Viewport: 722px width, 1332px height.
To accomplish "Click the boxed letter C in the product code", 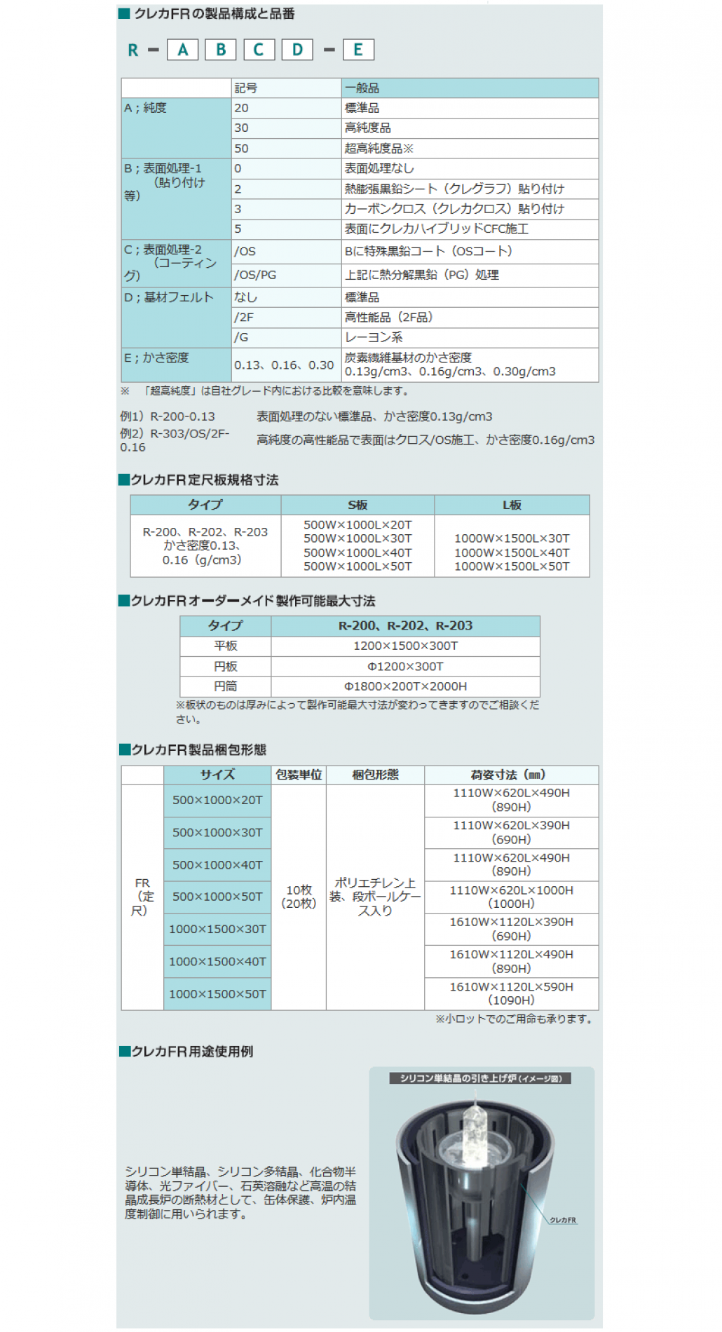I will (x=259, y=50).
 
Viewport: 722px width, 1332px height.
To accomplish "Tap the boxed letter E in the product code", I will (x=357, y=50).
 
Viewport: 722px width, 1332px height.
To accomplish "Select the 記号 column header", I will (x=246, y=88).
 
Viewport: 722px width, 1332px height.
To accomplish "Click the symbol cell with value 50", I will (x=242, y=149).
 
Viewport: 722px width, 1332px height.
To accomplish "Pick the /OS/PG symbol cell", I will (x=255, y=275).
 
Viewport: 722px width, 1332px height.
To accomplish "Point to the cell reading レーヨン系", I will (x=374, y=337).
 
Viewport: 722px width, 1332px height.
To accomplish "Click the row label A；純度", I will (x=146, y=108).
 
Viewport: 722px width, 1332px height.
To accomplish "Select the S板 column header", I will (x=357, y=505).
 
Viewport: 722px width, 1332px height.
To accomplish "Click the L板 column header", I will (x=512, y=505).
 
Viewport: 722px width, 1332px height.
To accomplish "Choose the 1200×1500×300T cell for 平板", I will (x=405, y=646).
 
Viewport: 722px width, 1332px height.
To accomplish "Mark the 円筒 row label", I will (x=226, y=686).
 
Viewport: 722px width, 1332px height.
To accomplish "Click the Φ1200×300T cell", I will (x=405, y=666).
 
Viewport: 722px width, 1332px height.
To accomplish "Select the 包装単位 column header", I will (x=299, y=775).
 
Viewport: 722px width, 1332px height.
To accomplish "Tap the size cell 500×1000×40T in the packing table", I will (x=217, y=865).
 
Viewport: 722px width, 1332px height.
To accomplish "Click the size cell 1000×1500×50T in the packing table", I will (x=217, y=994).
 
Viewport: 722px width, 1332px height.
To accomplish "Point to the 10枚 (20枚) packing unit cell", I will (x=299, y=897).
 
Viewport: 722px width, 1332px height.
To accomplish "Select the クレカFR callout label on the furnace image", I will (x=563, y=1221).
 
